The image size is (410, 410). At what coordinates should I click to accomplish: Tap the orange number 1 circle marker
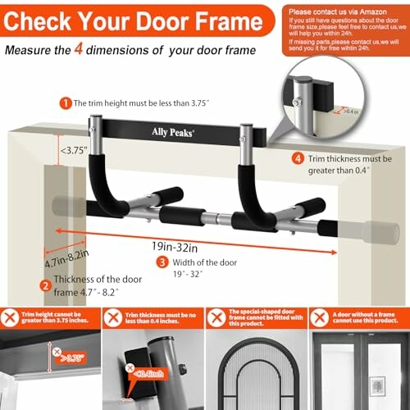point(64,103)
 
